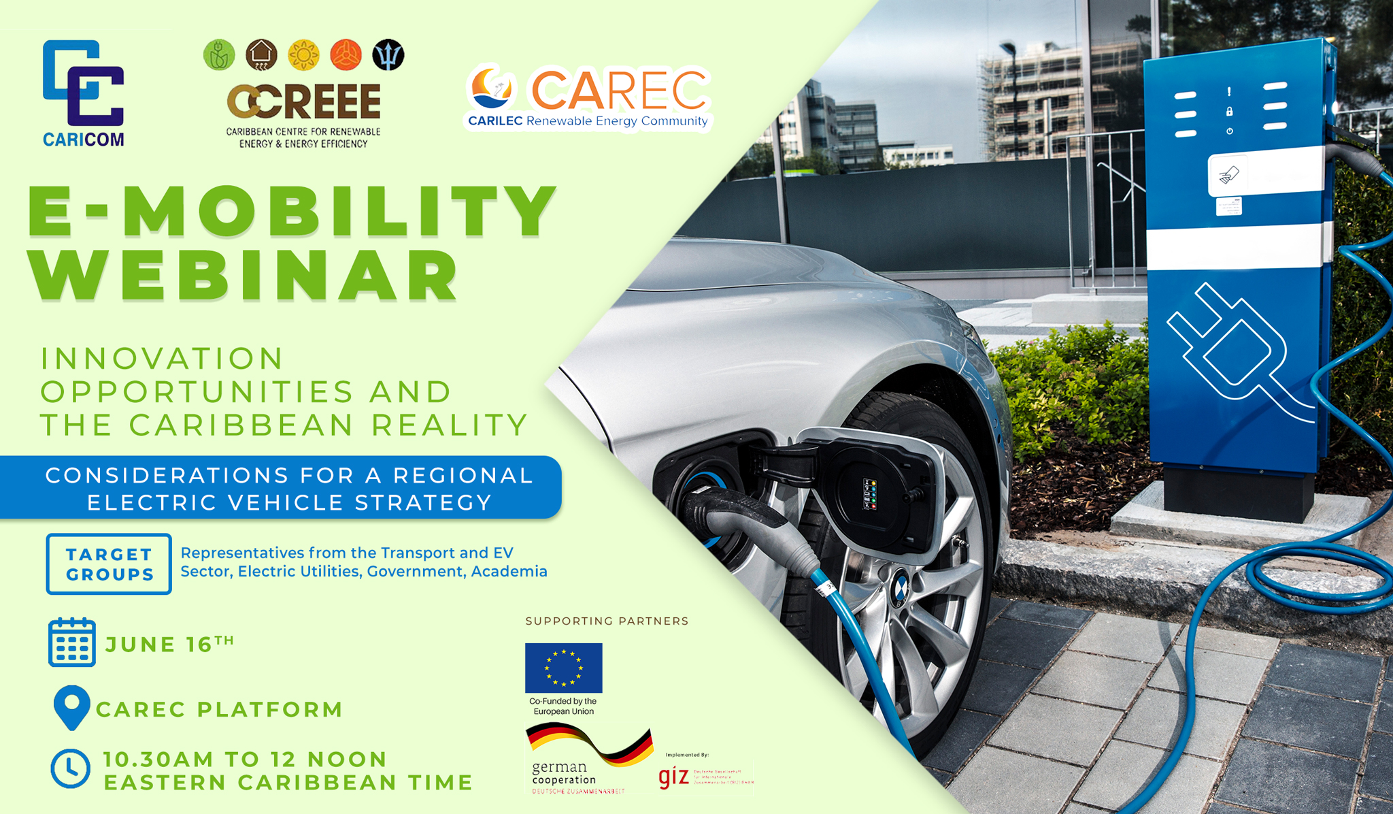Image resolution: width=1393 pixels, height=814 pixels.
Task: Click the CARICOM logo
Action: [x=83, y=92]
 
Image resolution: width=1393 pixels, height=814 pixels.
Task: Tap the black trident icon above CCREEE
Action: [x=388, y=55]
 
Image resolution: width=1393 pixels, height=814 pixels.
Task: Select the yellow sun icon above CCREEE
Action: [x=303, y=55]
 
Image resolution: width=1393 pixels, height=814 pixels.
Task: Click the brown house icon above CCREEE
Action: [x=261, y=55]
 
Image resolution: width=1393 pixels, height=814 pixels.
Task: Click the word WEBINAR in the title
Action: [x=245, y=276]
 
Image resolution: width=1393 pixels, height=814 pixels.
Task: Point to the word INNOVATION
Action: [x=162, y=359]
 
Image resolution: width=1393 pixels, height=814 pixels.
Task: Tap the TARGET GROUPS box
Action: [x=109, y=564]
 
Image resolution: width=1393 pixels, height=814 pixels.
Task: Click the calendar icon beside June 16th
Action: [x=72, y=642]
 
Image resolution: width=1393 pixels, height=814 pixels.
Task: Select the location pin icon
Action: [x=71, y=707]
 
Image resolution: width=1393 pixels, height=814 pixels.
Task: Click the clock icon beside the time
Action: [x=71, y=769]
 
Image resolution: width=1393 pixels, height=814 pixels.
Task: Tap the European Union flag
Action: [x=563, y=668]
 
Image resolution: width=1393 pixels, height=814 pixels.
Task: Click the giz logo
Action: [x=674, y=777]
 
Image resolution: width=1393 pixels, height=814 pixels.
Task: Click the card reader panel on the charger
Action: [x=1228, y=176]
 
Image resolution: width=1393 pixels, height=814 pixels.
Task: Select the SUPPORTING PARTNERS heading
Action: [x=607, y=621]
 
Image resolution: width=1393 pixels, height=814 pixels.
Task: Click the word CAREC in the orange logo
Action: [x=618, y=90]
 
